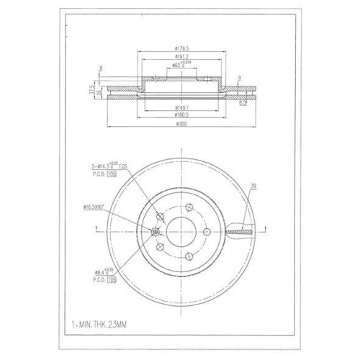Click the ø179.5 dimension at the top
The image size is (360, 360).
(181, 49)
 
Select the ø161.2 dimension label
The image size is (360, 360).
(181, 58)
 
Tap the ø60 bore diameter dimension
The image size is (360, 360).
(181, 66)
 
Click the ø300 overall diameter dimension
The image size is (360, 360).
(181, 123)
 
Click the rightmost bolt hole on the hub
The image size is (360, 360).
(206, 232)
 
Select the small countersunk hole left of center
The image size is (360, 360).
(156, 231)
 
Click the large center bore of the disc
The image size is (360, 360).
(181, 232)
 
